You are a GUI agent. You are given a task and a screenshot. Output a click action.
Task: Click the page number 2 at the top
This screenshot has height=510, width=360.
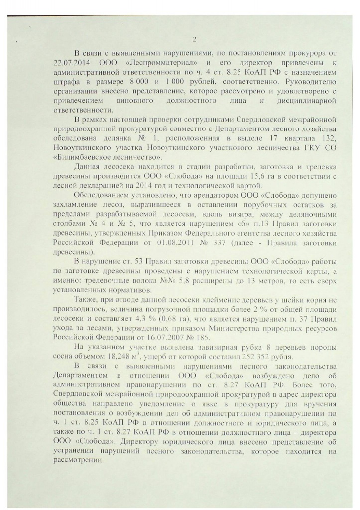(195, 40)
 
